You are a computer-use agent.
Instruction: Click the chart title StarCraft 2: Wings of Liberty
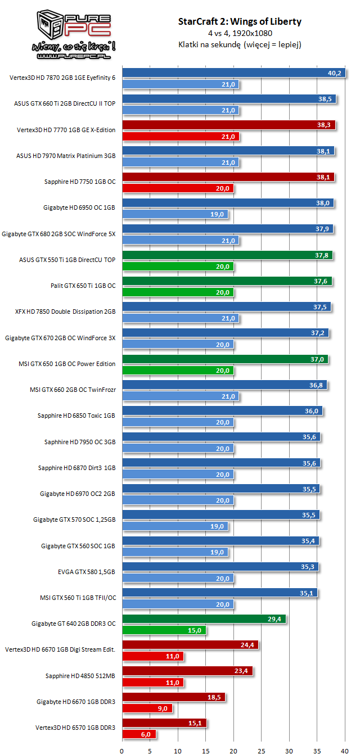[240, 22]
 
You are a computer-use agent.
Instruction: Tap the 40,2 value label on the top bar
[335, 73]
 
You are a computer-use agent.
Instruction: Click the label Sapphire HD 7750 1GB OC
[80, 182]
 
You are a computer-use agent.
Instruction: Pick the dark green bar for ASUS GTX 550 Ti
[227, 255]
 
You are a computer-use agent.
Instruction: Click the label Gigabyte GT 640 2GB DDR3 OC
[74, 624]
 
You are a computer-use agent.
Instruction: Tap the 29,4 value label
[276, 618]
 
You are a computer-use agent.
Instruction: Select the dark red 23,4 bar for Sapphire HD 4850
[188, 671]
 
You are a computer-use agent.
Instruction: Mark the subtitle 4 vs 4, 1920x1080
[240, 33]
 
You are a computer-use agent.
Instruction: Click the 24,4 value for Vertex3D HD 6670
[248, 644]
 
